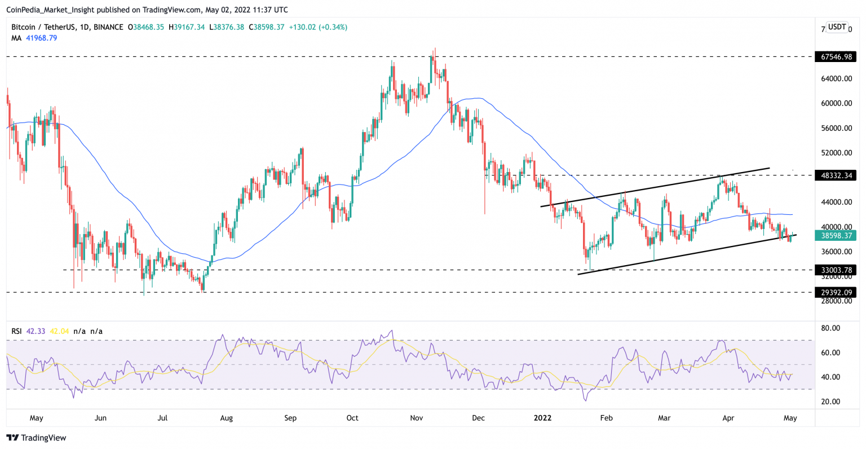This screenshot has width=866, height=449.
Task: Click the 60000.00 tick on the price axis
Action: coord(836,103)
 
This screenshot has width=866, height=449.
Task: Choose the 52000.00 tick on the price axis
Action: coord(836,153)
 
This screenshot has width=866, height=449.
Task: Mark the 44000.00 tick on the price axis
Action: coord(836,202)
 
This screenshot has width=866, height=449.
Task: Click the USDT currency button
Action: coord(837,27)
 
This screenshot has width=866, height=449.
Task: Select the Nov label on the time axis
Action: coord(417,418)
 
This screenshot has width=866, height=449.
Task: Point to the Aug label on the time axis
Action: coord(226,418)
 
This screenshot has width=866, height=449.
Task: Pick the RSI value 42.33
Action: coord(35,331)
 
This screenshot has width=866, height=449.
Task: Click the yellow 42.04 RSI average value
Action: coord(59,331)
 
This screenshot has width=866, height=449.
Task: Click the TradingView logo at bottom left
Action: coord(36,438)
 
